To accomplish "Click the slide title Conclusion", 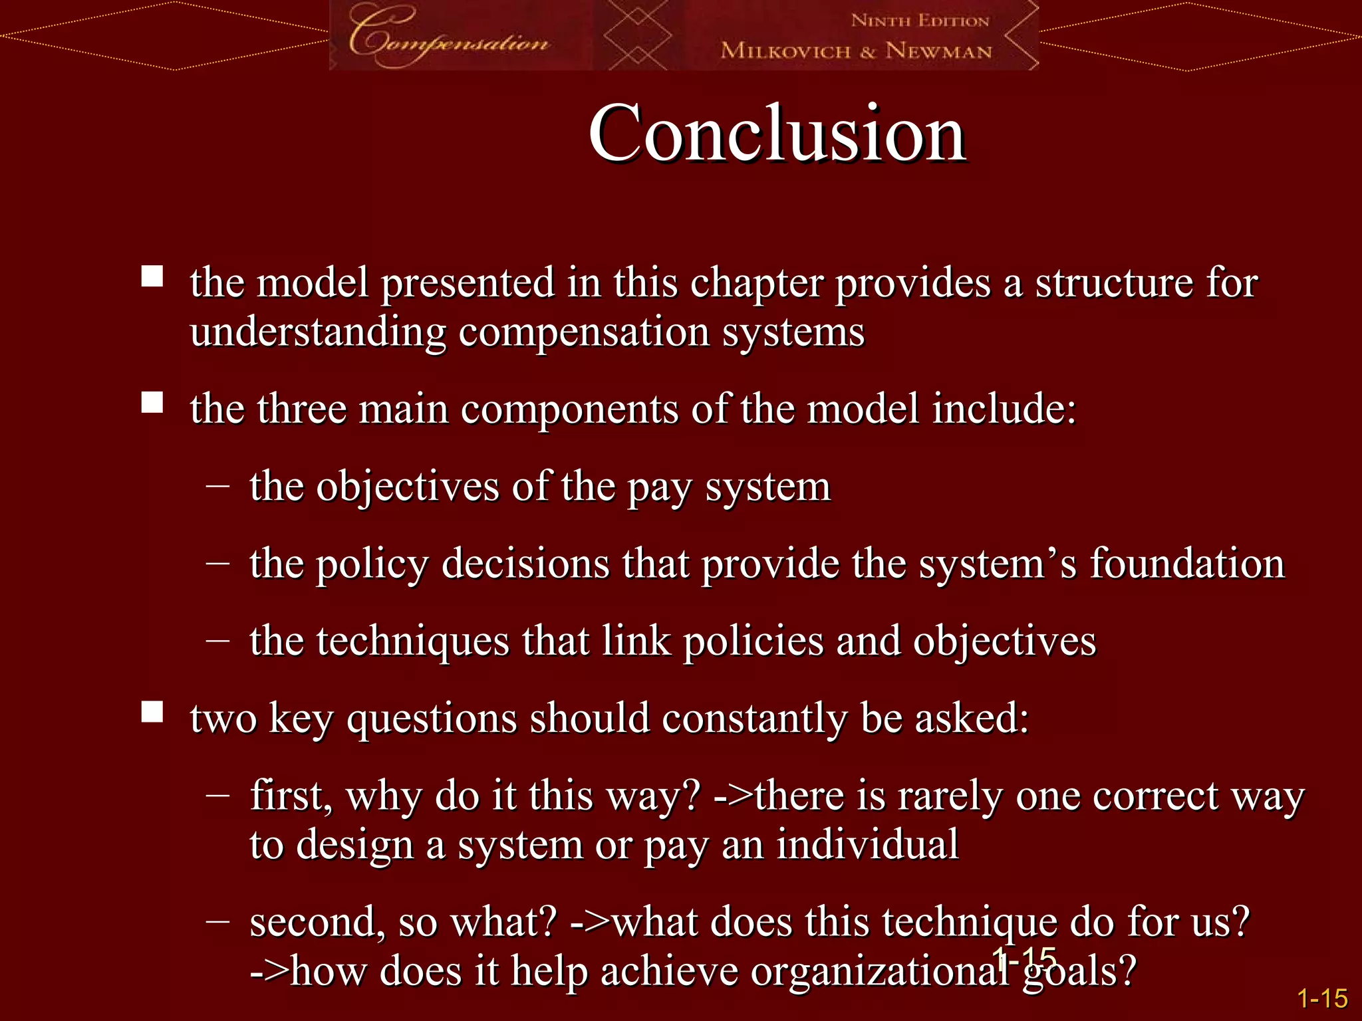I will coord(777,134).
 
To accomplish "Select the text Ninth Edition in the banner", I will coord(920,21).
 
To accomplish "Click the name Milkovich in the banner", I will coord(785,51).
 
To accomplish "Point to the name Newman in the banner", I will coord(938,51).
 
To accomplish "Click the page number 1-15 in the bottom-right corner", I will coord(1322,998).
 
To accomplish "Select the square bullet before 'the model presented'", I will coord(152,276).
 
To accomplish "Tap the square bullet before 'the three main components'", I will coord(152,402).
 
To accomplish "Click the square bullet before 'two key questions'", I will coord(152,712).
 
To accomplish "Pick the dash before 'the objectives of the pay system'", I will coord(217,487).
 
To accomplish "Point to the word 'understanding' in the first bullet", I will coord(318,332).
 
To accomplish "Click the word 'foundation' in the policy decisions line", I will coord(1186,564).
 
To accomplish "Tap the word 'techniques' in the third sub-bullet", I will coord(413,642).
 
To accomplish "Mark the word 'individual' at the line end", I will coord(867,845).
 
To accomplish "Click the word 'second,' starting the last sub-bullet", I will coord(317,923).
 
